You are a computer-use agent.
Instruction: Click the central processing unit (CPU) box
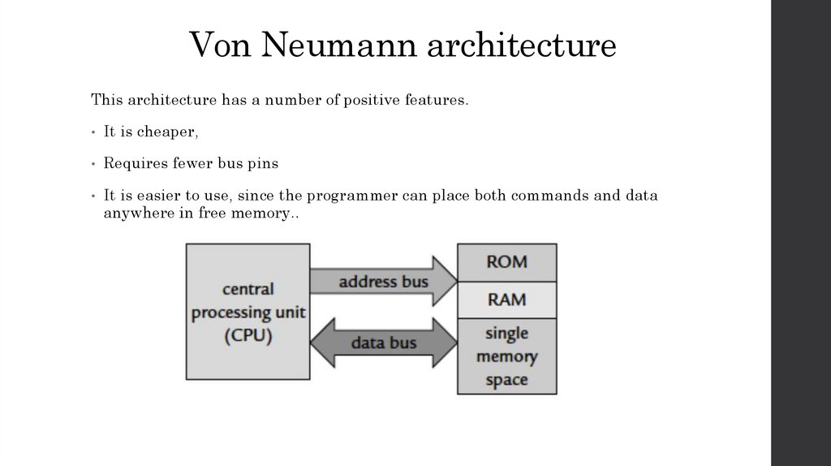[x=248, y=312]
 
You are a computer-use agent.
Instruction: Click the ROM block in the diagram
[x=507, y=261]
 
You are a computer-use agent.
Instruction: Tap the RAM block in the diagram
[x=507, y=299]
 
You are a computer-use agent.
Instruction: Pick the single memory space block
[x=507, y=356]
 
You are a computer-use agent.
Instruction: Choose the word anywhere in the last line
[x=135, y=213]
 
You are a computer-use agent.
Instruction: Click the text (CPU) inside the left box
[x=248, y=334]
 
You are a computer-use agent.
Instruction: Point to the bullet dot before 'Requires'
[x=95, y=164]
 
